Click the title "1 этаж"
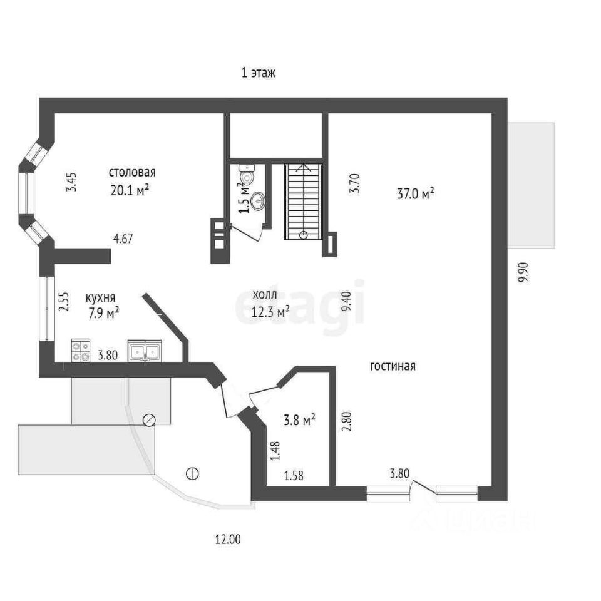pos(259,73)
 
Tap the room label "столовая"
pos(132,173)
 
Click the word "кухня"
pos(100,298)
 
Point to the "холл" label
pos(265,294)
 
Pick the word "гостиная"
pos(393,366)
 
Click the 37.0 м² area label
pos(416,195)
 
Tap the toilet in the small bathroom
pos(246,175)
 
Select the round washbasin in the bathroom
pos(257,200)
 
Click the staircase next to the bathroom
pos(304,200)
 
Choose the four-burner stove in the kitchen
pos(81,351)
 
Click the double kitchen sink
pos(145,351)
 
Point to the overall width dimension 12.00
pos(227,539)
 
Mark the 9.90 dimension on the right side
pos(523,272)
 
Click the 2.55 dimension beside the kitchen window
pos(63,303)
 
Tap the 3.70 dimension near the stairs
pos(354,182)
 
